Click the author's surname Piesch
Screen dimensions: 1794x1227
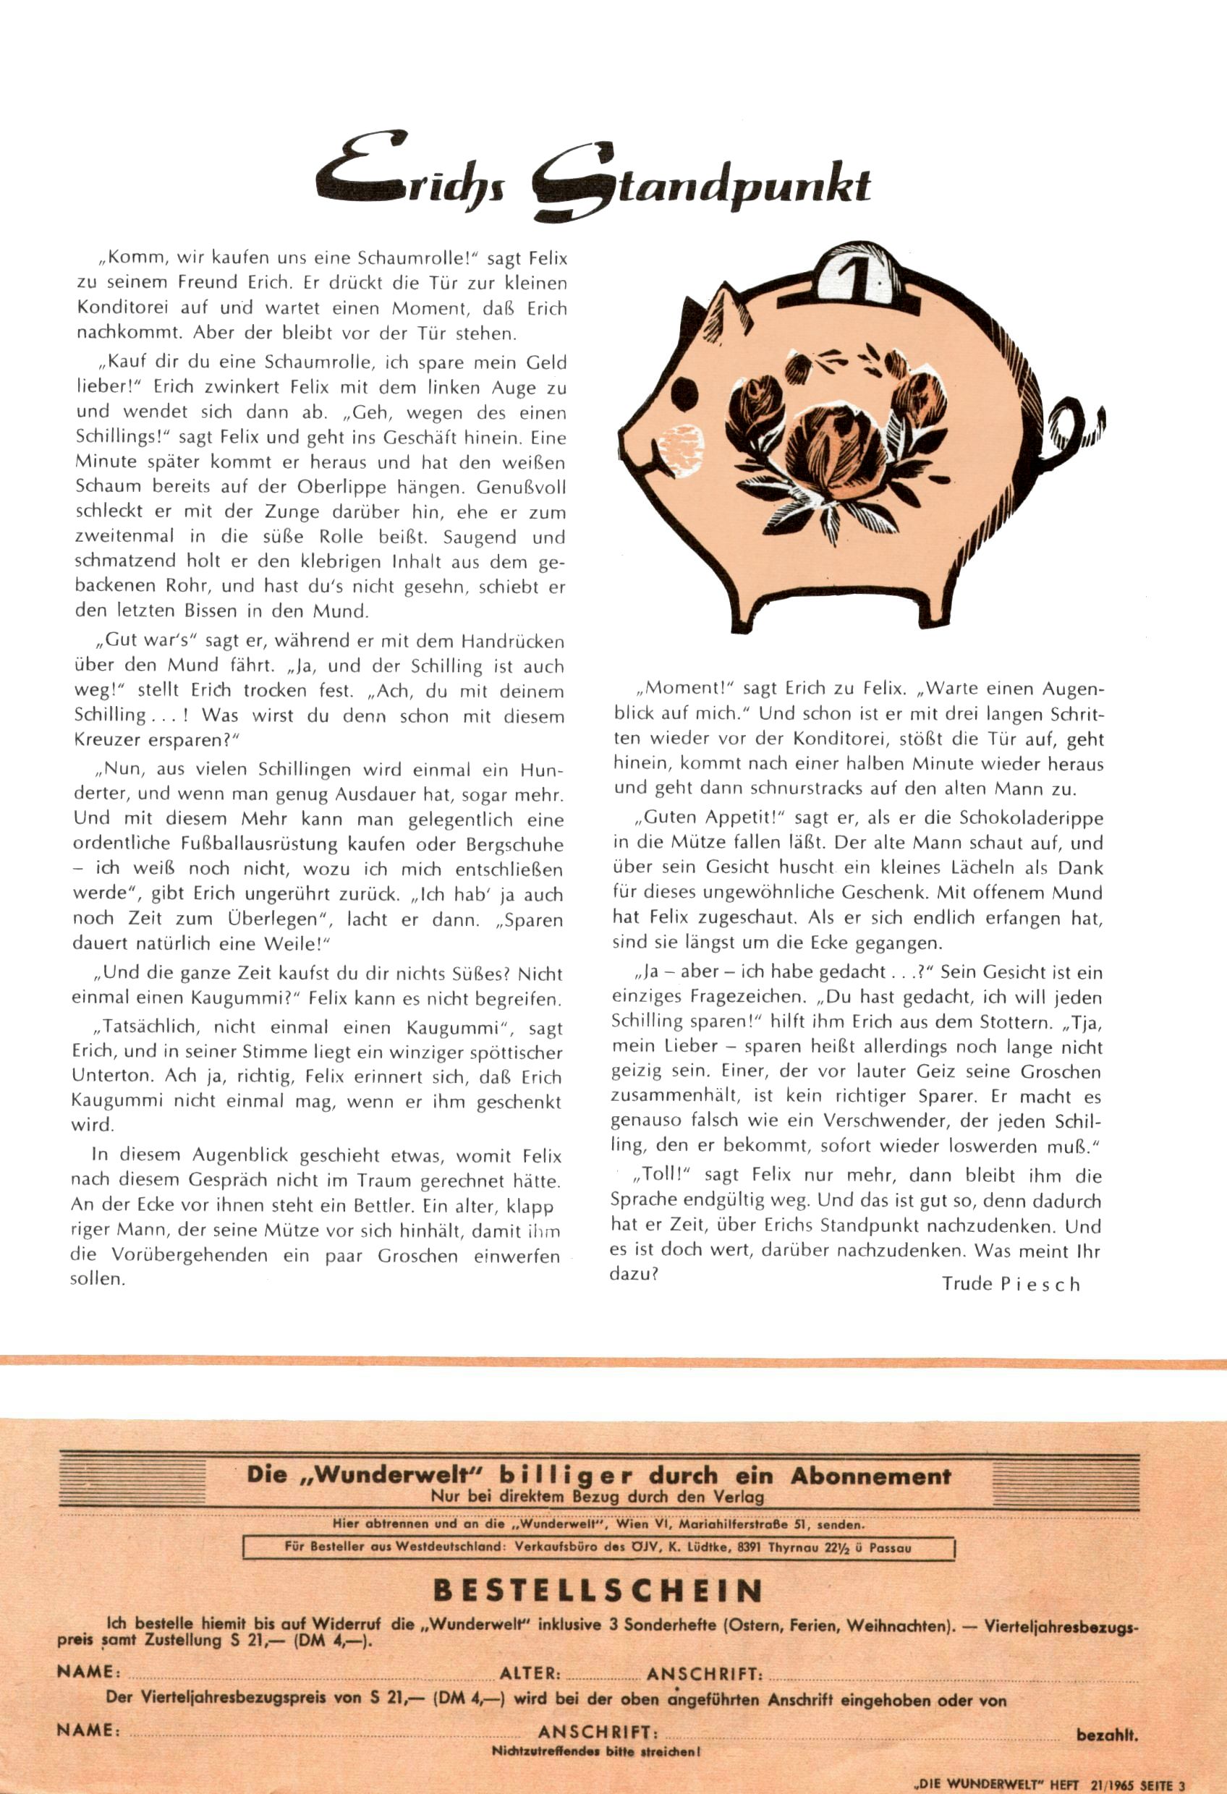click(x=1040, y=1285)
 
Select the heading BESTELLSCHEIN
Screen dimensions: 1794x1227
click(x=598, y=1591)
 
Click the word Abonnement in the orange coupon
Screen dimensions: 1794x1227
click(x=870, y=1476)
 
